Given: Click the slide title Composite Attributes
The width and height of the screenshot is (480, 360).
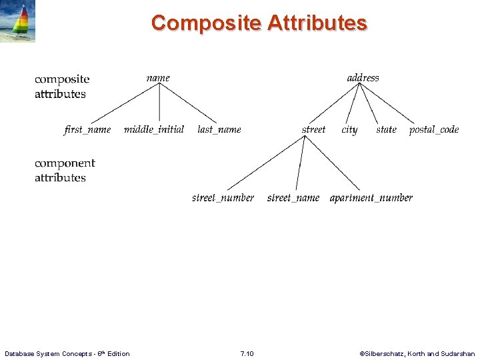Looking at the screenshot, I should (x=259, y=23).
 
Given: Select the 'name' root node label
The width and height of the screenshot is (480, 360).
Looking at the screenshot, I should (x=158, y=78).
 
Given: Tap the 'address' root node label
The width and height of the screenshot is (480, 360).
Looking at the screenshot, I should (x=363, y=78).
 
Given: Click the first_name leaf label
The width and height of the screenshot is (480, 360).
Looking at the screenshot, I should (x=87, y=129).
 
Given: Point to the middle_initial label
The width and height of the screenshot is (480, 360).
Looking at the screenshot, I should (x=154, y=129).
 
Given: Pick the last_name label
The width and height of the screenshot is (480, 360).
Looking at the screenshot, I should (x=219, y=129).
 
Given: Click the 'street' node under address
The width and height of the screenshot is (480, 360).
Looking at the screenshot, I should (x=313, y=129).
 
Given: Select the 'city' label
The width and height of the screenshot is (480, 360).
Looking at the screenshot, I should (x=349, y=130).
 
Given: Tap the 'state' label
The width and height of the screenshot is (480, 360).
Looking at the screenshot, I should (x=386, y=129).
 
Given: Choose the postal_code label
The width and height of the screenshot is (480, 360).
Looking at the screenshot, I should (x=434, y=129).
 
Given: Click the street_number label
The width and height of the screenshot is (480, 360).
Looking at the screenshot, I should (x=223, y=198).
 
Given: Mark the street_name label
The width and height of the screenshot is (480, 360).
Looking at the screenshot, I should (x=293, y=198).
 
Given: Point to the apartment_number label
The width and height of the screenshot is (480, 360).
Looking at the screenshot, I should (x=371, y=198).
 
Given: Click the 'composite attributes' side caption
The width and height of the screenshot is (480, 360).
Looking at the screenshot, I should (x=61, y=87).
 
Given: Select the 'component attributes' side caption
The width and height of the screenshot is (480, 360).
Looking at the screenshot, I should (x=65, y=170).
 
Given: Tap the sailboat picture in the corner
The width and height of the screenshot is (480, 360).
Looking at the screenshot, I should (x=18, y=21).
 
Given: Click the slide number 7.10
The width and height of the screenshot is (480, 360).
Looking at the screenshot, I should (x=246, y=353).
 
